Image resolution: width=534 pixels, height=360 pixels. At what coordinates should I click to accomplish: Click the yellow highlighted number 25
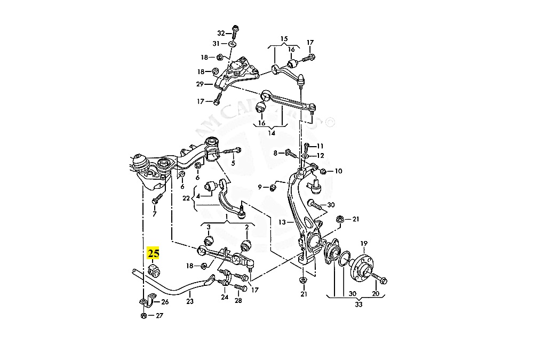154,253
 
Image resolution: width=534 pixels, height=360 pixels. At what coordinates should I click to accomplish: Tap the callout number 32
220,33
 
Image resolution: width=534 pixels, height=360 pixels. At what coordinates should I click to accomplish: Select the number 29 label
200,84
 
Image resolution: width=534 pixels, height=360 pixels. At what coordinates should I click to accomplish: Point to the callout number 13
282,222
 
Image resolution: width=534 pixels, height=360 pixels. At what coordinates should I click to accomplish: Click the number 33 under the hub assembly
358,305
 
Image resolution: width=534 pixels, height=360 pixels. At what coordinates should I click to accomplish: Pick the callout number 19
363,244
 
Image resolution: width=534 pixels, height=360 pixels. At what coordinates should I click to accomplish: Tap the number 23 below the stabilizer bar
190,301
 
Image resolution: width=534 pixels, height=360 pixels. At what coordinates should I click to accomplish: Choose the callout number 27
159,315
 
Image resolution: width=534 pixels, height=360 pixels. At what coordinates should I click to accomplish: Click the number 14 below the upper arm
272,133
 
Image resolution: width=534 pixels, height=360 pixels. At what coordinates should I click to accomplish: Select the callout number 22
186,198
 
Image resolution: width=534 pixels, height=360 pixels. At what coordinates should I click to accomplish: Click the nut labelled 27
144,315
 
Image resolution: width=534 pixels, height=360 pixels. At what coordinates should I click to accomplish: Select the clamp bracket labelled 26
147,302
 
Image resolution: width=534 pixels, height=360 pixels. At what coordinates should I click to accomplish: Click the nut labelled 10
323,171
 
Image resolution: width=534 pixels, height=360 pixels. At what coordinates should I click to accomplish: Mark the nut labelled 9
272,187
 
